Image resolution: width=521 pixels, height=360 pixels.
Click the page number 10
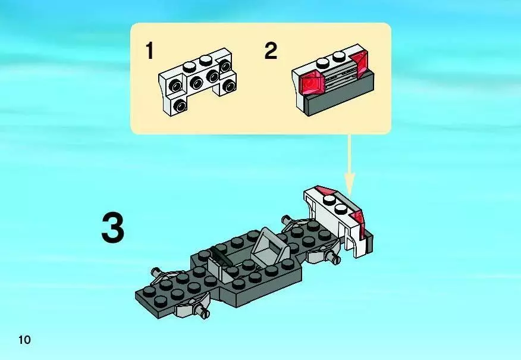(x=24, y=340)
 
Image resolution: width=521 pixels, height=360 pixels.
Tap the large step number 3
(x=113, y=228)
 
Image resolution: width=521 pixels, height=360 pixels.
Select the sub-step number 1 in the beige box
(x=149, y=51)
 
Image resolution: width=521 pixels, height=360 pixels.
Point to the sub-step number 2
(x=271, y=51)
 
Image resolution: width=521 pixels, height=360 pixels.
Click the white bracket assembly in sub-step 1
(x=197, y=82)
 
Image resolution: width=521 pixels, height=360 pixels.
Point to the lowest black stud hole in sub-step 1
(x=180, y=106)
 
